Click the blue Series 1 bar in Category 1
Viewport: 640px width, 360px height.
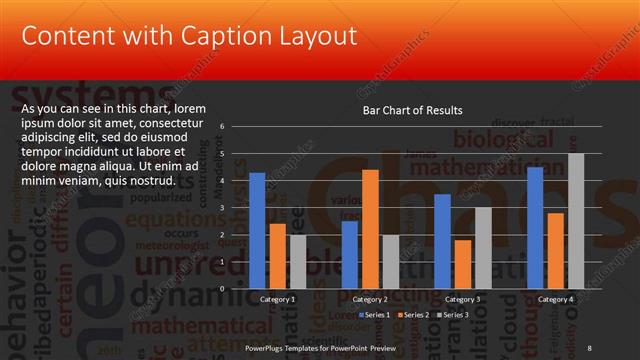point(257,230)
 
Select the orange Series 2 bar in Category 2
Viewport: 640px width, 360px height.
point(370,228)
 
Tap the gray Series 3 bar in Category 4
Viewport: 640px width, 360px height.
point(576,220)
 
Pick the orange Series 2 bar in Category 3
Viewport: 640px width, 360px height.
point(463,263)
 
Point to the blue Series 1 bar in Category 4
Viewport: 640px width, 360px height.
point(535,227)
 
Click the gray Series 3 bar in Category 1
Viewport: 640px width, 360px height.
point(298,261)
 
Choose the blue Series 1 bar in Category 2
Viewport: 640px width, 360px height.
point(349,254)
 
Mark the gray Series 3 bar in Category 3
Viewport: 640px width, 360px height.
point(483,247)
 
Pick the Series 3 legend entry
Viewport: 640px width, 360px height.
point(451,314)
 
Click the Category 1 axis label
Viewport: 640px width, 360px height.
point(277,299)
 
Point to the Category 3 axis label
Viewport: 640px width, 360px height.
point(463,299)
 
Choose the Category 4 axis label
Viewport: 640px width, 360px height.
point(556,299)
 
